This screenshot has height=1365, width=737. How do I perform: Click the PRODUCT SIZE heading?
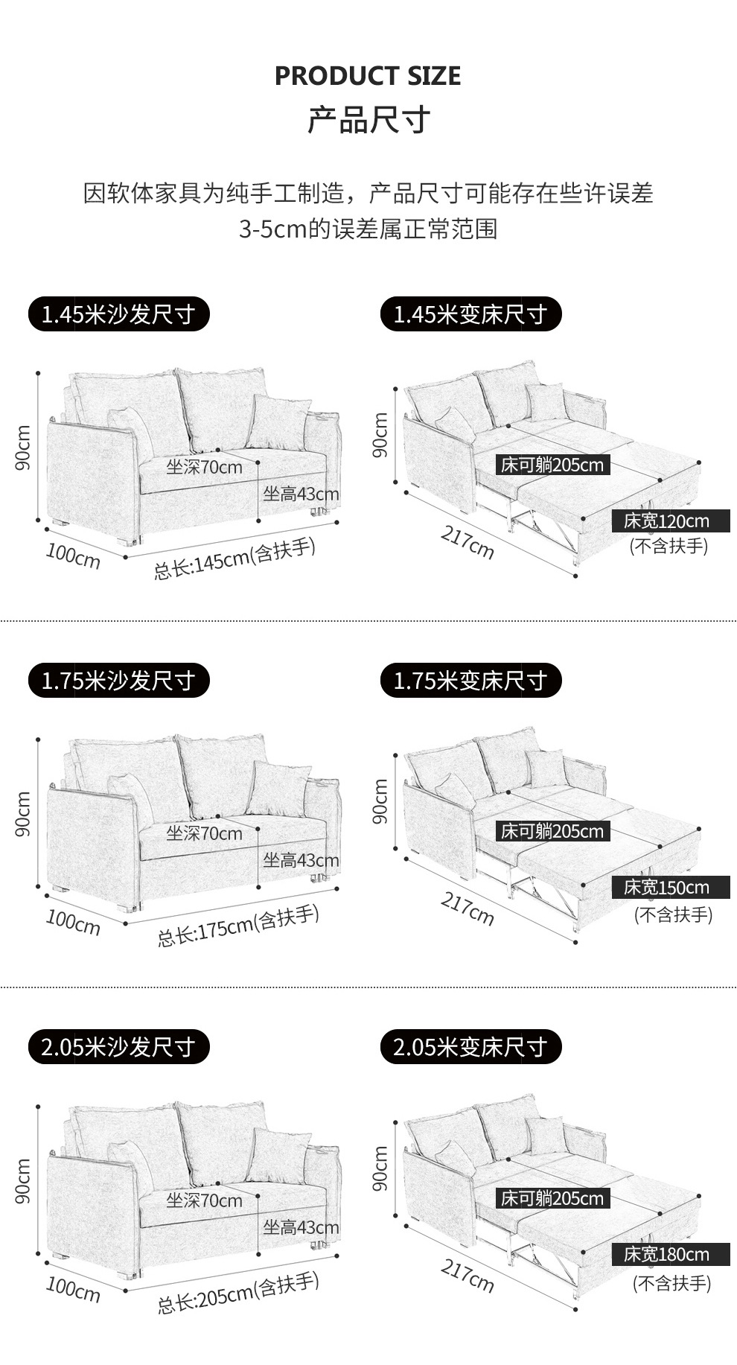click(x=368, y=76)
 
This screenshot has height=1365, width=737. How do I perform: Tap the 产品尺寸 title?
click(x=368, y=120)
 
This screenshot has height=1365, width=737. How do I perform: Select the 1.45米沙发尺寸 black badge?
click(x=119, y=314)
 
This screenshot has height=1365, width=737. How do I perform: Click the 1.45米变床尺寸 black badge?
click(x=471, y=314)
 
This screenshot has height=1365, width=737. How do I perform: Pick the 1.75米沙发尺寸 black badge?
click(x=119, y=680)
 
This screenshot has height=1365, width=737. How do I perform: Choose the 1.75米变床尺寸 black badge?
click(x=471, y=680)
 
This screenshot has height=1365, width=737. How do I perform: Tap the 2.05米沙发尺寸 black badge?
click(x=119, y=1046)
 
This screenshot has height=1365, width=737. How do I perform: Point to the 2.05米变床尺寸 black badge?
click(x=471, y=1046)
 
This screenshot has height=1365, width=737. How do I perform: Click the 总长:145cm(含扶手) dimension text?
click(x=234, y=559)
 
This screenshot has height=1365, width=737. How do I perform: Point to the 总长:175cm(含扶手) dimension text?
click(x=237, y=926)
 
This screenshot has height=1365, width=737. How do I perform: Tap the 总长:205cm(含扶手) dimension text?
click(x=237, y=1293)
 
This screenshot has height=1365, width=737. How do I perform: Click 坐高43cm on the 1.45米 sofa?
click(x=301, y=493)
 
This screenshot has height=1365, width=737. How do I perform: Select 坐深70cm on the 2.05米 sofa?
click(x=205, y=1200)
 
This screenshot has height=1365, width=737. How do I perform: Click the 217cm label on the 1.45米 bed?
click(x=468, y=541)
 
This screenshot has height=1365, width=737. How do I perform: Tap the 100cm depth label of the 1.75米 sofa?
click(x=73, y=921)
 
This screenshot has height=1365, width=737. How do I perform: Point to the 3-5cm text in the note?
click(x=273, y=229)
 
